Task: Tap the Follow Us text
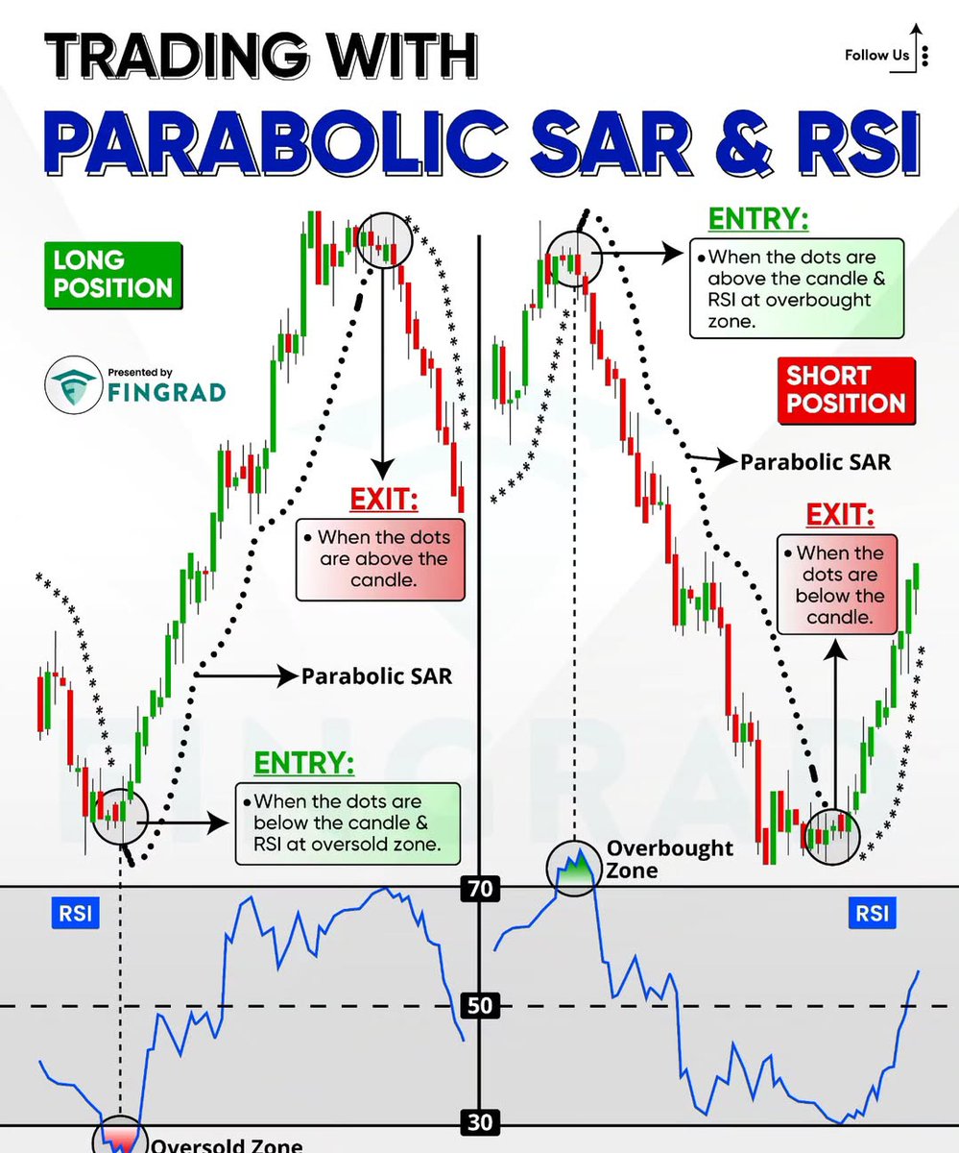tap(875, 55)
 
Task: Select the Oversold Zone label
tap(227, 1144)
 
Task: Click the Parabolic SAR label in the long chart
tap(376, 675)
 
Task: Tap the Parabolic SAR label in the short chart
tap(814, 462)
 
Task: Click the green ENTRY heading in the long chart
tap(303, 763)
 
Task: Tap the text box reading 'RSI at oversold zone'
tap(348, 823)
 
